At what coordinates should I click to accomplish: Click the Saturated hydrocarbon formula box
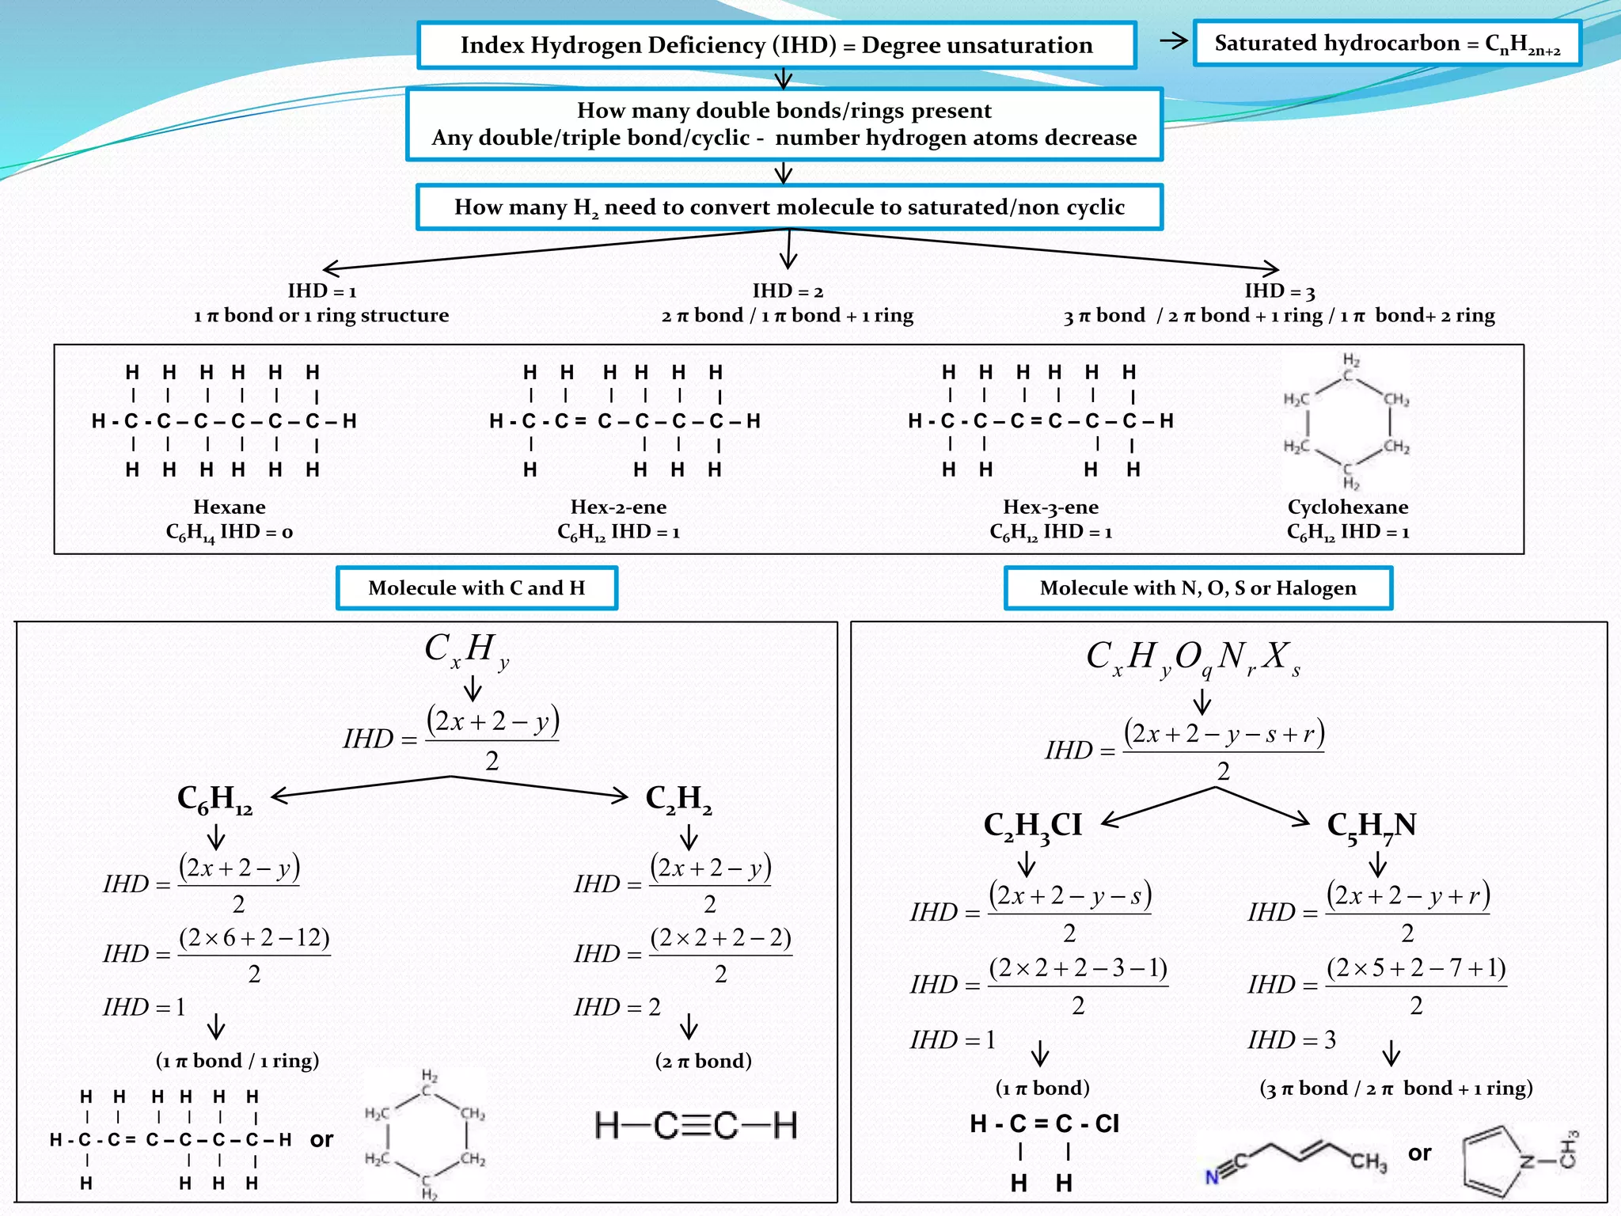tap(1387, 44)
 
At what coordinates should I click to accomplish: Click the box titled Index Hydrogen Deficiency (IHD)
tap(776, 45)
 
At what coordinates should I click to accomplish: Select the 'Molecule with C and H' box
tap(476, 588)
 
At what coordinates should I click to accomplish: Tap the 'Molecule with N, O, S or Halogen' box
tap(1198, 588)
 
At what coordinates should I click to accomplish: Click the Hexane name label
tap(230, 507)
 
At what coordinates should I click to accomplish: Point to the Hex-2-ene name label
tap(618, 507)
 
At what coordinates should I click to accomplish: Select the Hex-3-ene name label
tap(1050, 507)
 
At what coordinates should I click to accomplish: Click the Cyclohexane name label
tap(1347, 507)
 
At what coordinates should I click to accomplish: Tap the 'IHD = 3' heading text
tap(1279, 291)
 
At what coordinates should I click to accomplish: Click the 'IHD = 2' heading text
tap(788, 291)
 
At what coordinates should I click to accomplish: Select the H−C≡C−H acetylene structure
tap(696, 1125)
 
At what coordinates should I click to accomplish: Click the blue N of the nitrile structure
tap(1212, 1177)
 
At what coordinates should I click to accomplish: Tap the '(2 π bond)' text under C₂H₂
tap(703, 1061)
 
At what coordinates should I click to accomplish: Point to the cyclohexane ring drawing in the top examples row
tap(1346, 422)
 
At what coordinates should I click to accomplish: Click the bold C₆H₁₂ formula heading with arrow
tap(214, 799)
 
